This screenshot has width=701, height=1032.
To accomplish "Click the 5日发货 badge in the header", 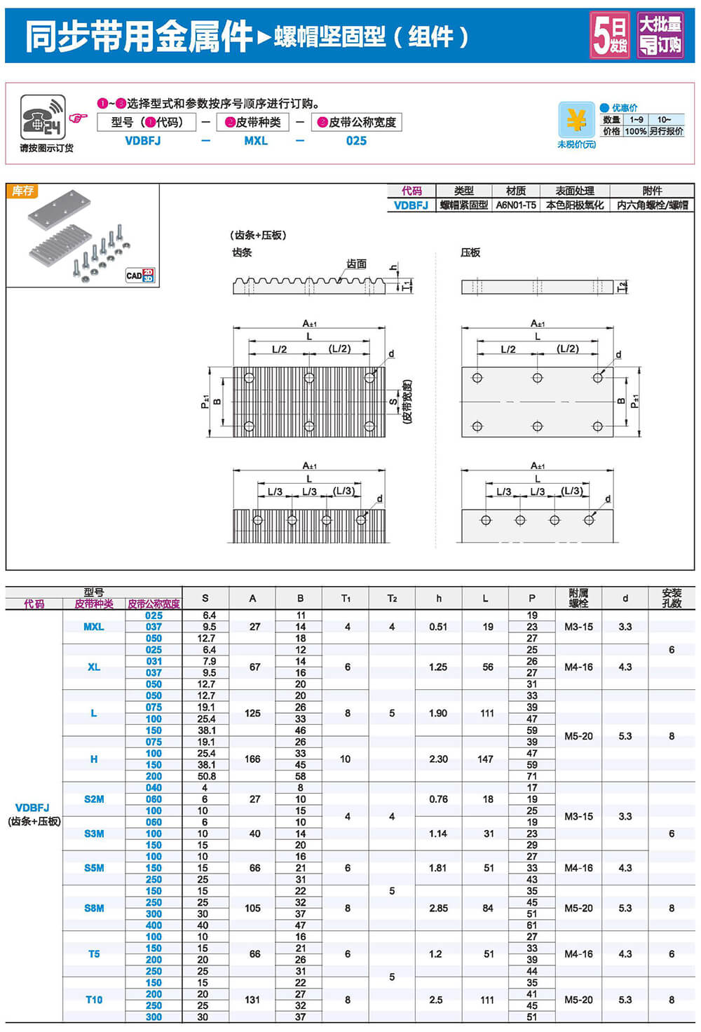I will click(x=610, y=35).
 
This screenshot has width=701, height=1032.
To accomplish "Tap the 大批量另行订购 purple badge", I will click(x=660, y=35).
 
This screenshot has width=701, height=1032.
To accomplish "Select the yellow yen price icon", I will click(x=576, y=121).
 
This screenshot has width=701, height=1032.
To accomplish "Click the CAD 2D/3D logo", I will click(x=140, y=276).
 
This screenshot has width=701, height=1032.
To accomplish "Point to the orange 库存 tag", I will click(x=22, y=191).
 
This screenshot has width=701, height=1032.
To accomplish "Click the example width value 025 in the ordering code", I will click(x=356, y=141).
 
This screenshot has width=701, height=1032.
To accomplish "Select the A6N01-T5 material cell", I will click(x=516, y=205).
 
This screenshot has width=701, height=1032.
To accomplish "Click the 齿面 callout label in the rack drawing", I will click(x=356, y=264).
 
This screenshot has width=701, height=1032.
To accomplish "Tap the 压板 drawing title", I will click(x=470, y=252).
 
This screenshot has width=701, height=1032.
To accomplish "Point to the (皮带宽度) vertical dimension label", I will click(x=408, y=402).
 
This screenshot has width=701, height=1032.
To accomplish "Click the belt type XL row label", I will click(x=94, y=667).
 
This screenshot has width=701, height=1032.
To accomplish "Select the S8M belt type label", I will click(x=94, y=908).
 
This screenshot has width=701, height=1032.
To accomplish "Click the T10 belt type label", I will click(x=94, y=1000).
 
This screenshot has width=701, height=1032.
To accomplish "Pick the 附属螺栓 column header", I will click(x=578, y=598).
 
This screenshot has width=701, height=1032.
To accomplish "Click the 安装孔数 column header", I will click(x=671, y=598).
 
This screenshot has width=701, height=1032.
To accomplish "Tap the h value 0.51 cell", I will click(x=438, y=627).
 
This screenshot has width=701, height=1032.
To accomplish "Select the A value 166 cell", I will click(x=252, y=759).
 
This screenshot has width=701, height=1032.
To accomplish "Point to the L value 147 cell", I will click(x=485, y=759).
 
